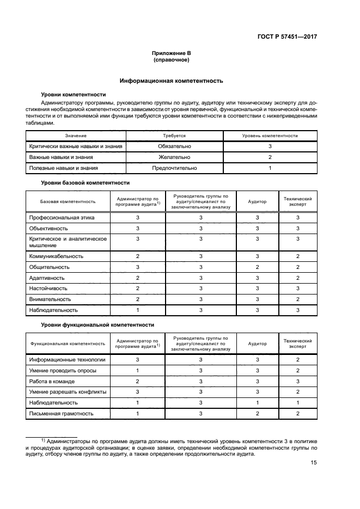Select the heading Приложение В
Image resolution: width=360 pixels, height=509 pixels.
(x=172, y=53)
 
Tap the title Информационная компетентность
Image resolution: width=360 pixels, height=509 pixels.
(x=172, y=81)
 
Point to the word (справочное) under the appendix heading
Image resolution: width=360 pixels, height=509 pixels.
(x=172, y=60)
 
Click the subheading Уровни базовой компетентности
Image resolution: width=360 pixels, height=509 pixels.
(x=86, y=183)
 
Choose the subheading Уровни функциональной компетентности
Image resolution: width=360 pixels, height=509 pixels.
(x=97, y=324)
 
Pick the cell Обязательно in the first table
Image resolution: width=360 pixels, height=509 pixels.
(x=174, y=146)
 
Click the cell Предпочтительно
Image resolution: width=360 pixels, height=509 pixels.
(x=174, y=168)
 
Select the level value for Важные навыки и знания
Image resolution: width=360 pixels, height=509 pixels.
(x=270, y=157)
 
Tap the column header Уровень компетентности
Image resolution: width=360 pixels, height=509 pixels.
(x=270, y=136)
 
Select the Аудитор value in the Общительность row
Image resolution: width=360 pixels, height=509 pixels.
(x=258, y=267)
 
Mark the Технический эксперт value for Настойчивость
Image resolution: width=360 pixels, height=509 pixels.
(x=298, y=289)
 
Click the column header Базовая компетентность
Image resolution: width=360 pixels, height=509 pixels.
(x=68, y=201)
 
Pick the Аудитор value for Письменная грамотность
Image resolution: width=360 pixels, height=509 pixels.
(x=258, y=414)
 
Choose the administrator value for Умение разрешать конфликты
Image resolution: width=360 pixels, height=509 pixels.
(x=138, y=392)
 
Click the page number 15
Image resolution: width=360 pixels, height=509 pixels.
(x=314, y=463)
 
